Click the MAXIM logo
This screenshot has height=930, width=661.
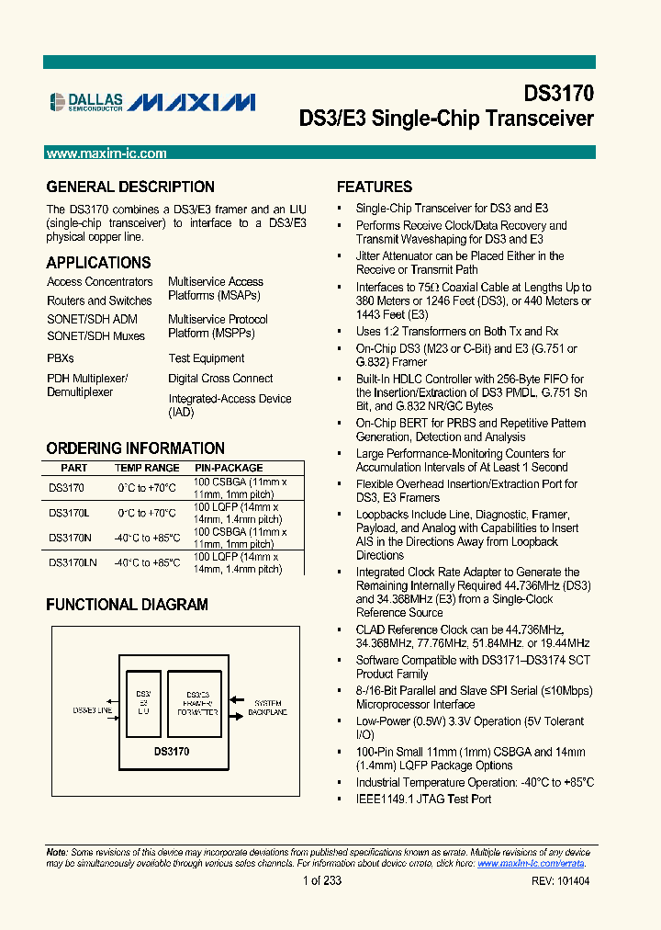click(191, 102)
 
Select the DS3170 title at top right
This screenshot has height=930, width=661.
click(558, 94)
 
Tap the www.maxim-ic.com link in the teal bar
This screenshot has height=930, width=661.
click(106, 153)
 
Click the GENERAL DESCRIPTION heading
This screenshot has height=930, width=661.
click(130, 187)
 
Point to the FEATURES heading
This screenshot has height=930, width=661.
click(375, 187)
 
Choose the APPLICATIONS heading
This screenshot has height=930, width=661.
click(98, 263)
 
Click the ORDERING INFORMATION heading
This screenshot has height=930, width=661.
click(135, 448)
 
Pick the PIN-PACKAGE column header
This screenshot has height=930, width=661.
click(229, 468)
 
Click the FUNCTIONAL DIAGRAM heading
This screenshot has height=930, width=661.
click(127, 605)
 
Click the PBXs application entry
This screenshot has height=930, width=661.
click(61, 358)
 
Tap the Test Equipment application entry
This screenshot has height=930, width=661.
click(207, 358)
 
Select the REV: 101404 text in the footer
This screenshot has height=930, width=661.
click(560, 880)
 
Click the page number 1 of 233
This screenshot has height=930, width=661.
click(321, 880)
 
